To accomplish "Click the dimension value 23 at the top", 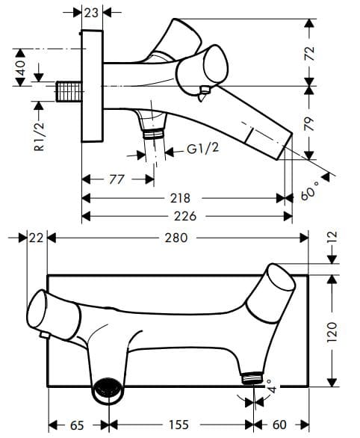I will (92, 12).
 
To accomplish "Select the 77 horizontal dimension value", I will (117, 179).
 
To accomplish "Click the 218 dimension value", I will (180, 198).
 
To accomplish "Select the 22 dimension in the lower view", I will (36, 238).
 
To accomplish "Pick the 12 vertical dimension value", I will (332, 240).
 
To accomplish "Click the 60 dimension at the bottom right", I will (281, 425).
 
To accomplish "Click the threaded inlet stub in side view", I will (69, 93).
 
